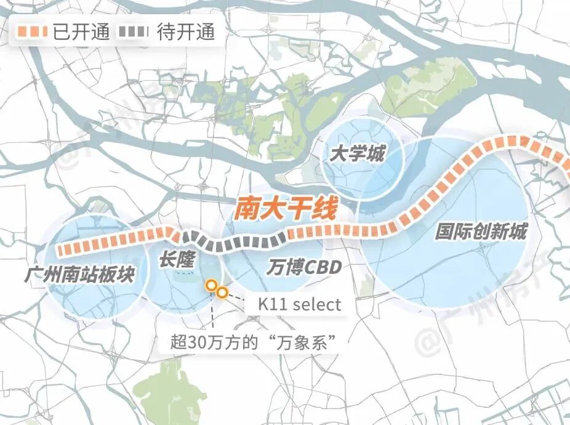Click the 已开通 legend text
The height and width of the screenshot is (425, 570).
(x=81, y=32)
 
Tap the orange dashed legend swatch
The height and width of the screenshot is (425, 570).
(x=33, y=32)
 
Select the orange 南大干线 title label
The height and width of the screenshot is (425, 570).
(x=286, y=209)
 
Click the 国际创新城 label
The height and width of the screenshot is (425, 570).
(x=481, y=232)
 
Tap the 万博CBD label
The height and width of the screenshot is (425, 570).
(x=304, y=267)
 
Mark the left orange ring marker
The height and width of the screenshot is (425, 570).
(x=211, y=286)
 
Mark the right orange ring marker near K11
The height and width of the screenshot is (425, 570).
(x=222, y=293)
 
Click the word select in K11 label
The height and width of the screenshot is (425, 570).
(x=316, y=304)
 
